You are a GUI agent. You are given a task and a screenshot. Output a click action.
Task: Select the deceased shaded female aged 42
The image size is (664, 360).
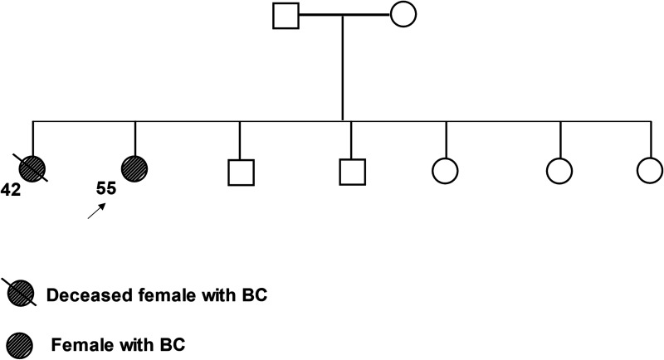(x=32, y=168)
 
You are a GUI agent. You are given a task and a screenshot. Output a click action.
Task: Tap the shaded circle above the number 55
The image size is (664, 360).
(x=134, y=168)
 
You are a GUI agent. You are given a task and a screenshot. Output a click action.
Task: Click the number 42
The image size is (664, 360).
(x=10, y=191)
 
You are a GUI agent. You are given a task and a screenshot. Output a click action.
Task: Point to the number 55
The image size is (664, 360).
(x=106, y=189)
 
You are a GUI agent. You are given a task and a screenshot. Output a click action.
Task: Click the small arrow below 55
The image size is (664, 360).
(x=97, y=212)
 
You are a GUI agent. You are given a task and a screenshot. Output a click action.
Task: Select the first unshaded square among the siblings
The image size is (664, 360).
(x=240, y=172)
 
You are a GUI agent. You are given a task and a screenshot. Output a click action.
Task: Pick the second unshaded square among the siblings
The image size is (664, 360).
(x=352, y=172)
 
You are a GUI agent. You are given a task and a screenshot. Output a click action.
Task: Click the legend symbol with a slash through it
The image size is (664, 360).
(x=21, y=294)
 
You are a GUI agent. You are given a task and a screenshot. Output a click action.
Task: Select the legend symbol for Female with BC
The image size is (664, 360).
(x=19, y=339)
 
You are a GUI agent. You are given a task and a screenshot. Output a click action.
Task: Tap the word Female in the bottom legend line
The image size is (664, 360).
(x=76, y=340)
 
